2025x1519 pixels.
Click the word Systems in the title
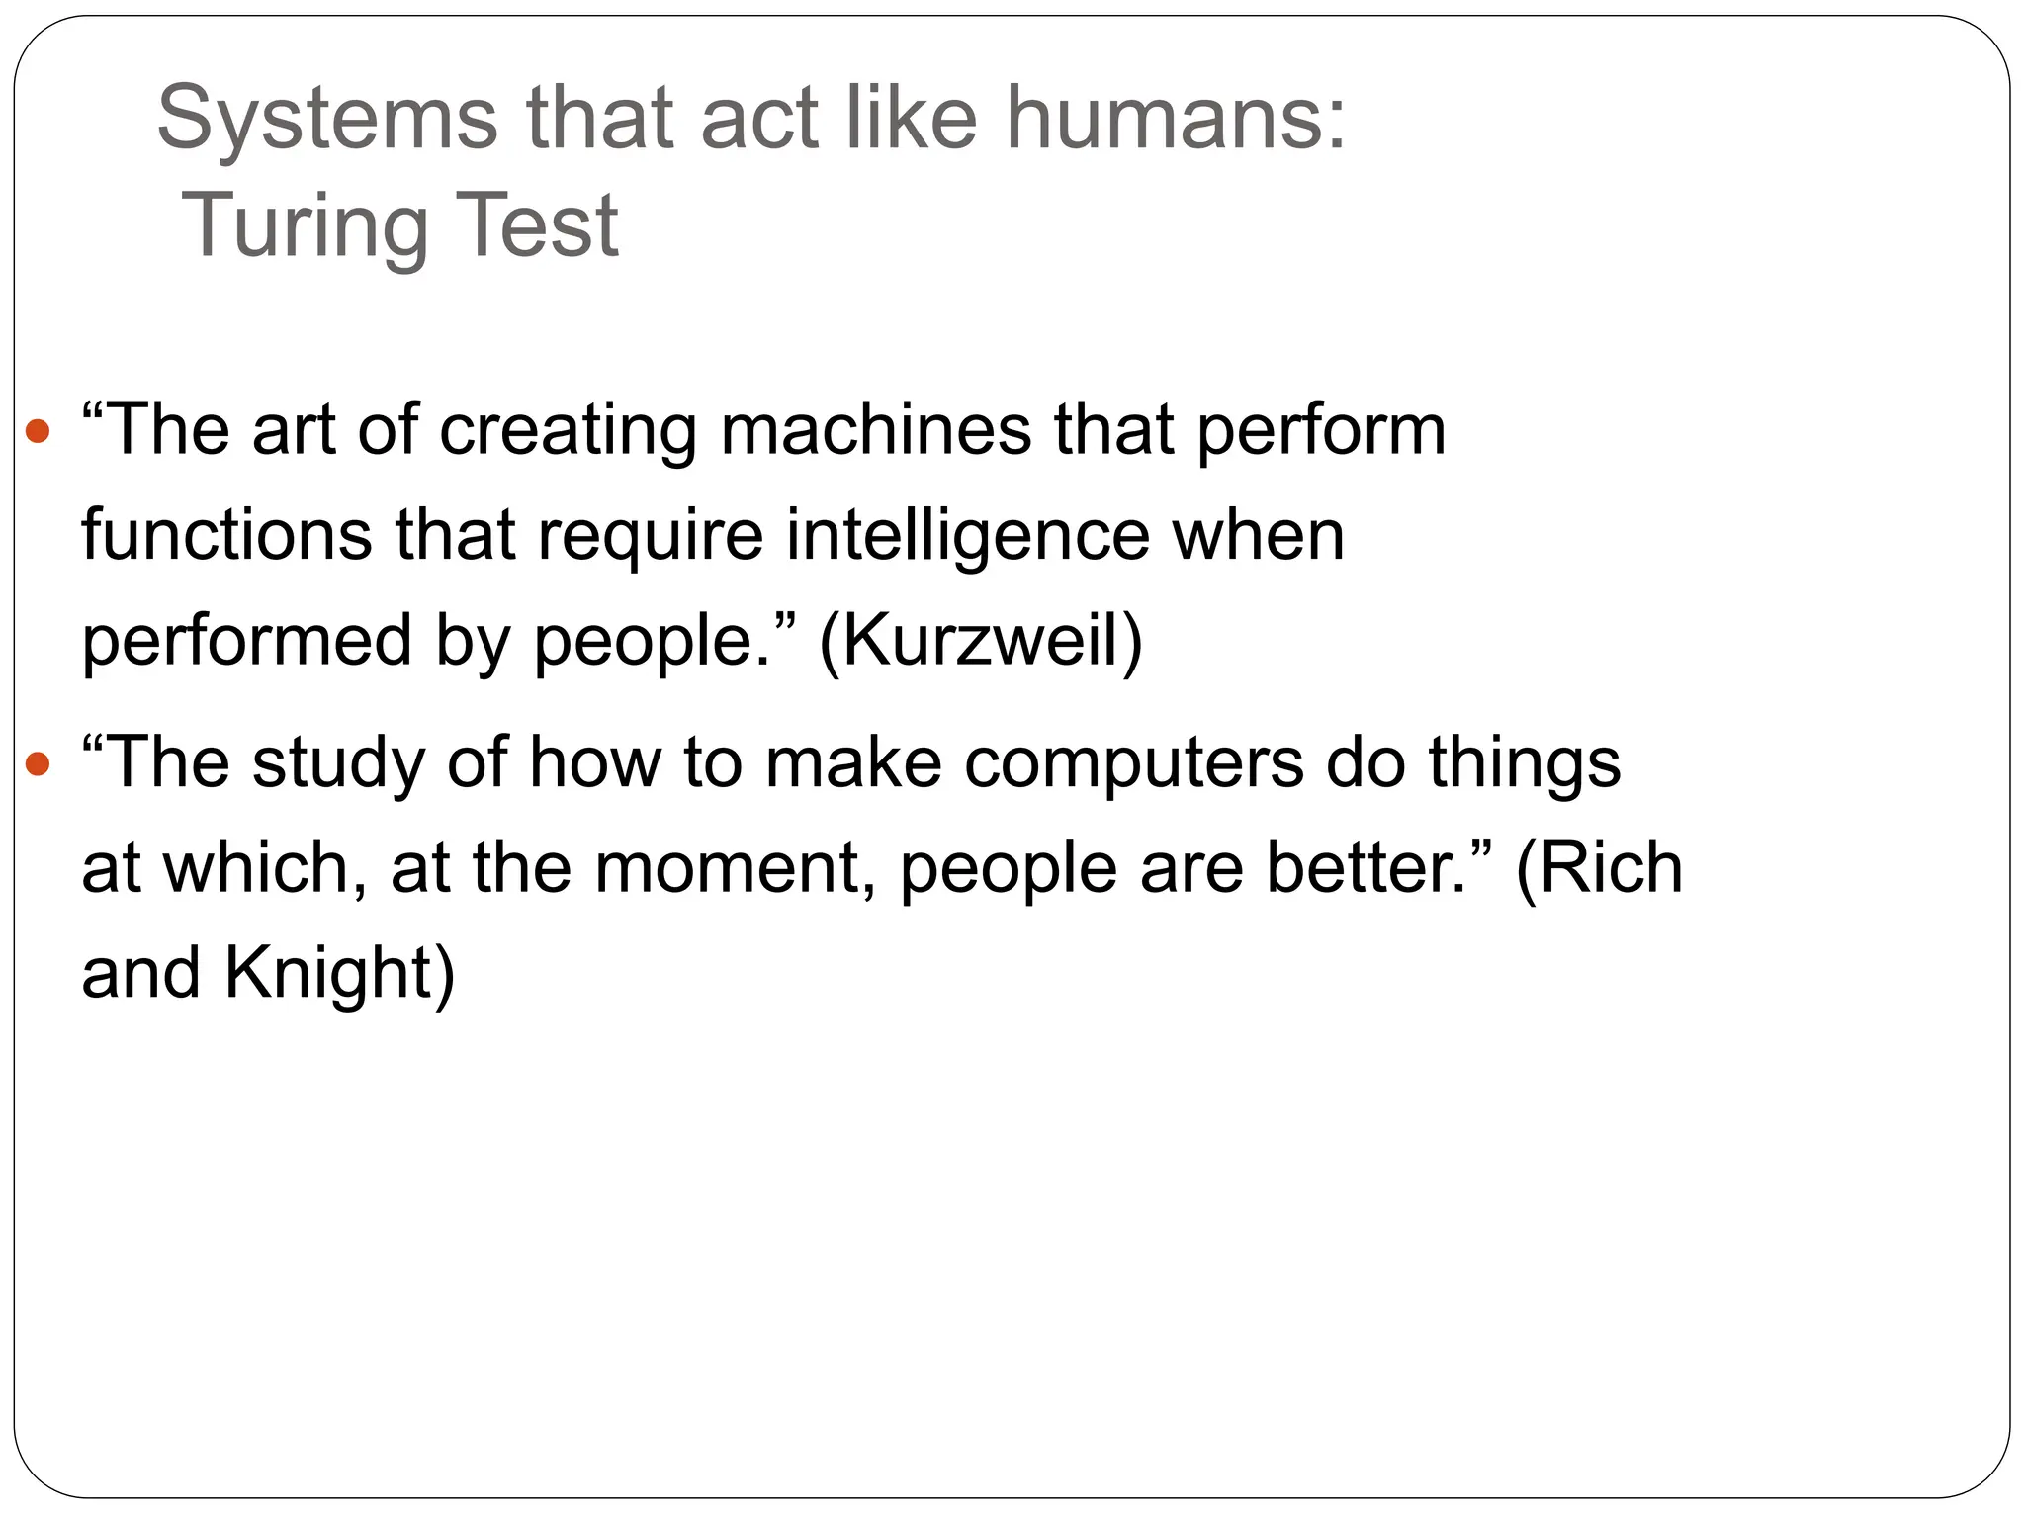[327, 119]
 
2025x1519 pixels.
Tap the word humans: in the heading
[1176, 119]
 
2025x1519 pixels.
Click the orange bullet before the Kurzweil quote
[38, 431]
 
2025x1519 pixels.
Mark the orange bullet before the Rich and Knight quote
[38, 763]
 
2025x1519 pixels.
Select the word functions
[226, 535]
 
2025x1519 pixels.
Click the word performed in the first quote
[246, 641]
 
